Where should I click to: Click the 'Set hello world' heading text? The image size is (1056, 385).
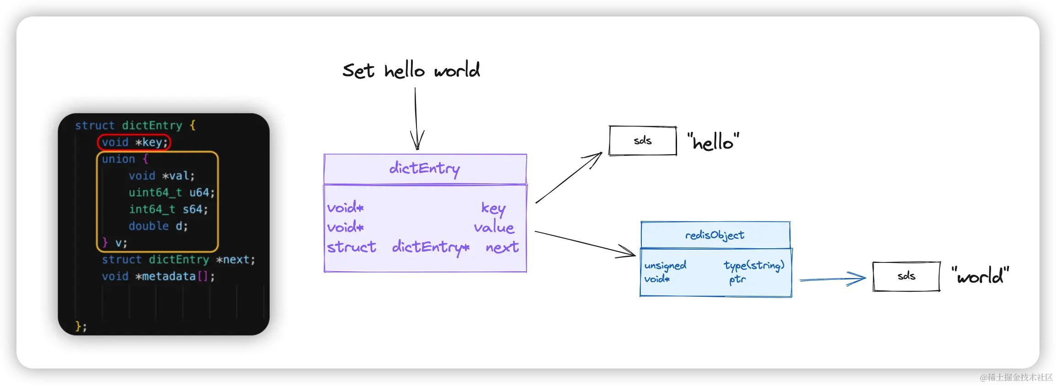pyautogui.click(x=411, y=70)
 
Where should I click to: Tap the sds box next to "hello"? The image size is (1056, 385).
pyautogui.click(x=643, y=141)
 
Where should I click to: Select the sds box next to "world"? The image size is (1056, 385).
pyautogui.click(x=907, y=276)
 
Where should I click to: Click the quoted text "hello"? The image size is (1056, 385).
pyautogui.click(x=713, y=142)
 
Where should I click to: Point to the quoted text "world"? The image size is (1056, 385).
pyautogui.click(x=980, y=276)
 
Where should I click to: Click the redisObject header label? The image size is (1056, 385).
pyautogui.click(x=715, y=235)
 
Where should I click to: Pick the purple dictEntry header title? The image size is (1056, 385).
pyautogui.click(x=425, y=169)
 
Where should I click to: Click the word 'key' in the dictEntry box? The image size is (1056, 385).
pyautogui.click(x=493, y=208)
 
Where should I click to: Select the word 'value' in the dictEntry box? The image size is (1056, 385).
pyautogui.click(x=494, y=227)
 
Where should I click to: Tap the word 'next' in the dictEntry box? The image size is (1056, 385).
pyautogui.click(x=502, y=247)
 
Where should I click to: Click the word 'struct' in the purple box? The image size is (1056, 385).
pyautogui.click(x=352, y=247)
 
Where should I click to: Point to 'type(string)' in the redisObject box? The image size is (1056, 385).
pyautogui.click(x=754, y=265)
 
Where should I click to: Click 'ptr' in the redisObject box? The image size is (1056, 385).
pyautogui.click(x=737, y=279)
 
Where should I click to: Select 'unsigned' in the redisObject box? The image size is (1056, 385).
pyautogui.click(x=665, y=266)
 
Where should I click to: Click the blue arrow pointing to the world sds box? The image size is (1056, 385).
pyautogui.click(x=832, y=279)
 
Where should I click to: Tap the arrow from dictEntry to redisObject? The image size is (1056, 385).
pyautogui.click(x=585, y=244)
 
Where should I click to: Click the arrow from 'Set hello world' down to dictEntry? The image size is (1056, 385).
pyautogui.click(x=416, y=119)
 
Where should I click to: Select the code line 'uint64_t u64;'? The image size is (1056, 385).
pyautogui.click(x=171, y=192)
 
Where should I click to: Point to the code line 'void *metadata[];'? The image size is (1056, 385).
pyautogui.click(x=158, y=276)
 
